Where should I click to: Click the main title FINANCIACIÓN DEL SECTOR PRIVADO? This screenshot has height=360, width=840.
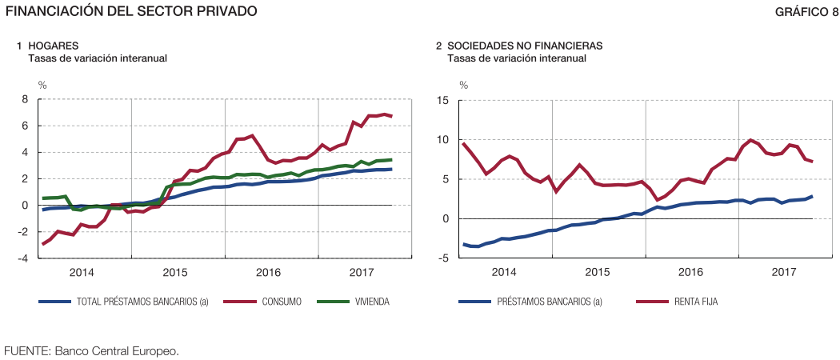pos(131,11)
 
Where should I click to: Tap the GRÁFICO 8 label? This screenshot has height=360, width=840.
pos(806,11)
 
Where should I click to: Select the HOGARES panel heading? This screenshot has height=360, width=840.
pos(54,46)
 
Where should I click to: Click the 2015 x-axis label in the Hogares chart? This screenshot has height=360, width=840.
pos(175,273)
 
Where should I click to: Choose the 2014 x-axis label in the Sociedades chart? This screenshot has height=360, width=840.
pos(504,273)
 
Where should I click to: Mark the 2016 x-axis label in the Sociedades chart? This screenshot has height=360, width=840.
pos(691,273)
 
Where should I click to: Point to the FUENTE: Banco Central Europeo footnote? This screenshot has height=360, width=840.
pos(91,350)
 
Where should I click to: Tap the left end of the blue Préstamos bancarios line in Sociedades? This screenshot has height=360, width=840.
pos(462,244)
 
